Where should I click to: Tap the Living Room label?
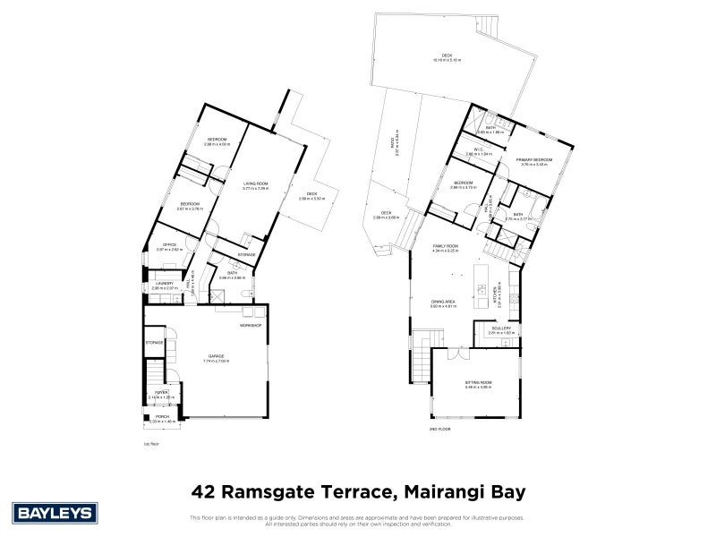(x=256, y=183)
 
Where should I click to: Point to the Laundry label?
(x=162, y=284)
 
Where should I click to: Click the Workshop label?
(x=250, y=325)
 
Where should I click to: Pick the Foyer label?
(x=162, y=392)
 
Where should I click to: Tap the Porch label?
(x=162, y=416)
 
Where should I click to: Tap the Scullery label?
(x=501, y=328)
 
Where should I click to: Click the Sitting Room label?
(x=480, y=382)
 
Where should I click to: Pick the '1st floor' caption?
(x=150, y=442)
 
